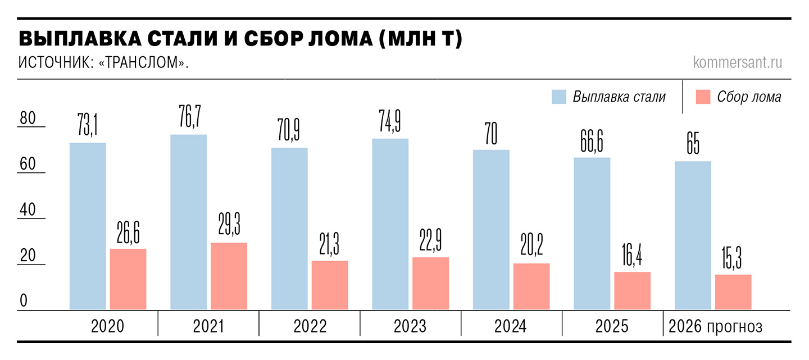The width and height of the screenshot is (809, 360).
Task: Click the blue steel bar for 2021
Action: click(x=189, y=222)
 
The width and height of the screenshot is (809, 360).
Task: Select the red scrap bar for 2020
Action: click(x=128, y=279)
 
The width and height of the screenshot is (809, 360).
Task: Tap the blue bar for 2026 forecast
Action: click(x=693, y=235)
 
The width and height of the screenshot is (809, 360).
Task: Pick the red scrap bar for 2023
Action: click(x=430, y=284)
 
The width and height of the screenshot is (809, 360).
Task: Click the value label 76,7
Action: click(x=190, y=116)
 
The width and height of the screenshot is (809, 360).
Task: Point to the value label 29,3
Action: click(x=229, y=224)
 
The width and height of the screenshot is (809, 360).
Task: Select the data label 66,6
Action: click(x=592, y=141)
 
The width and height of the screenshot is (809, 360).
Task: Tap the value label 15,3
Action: click(x=731, y=258)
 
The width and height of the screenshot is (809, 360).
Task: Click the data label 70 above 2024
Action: click(x=491, y=134)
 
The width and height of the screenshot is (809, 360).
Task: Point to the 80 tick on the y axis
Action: click(x=28, y=118)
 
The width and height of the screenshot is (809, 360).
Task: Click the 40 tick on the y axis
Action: click(x=28, y=209)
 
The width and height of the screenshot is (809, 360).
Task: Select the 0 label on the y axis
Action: click(x=24, y=300)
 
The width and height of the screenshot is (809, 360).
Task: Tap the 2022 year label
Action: click(x=310, y=326)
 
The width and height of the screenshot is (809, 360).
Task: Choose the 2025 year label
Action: click(x=612, y=326)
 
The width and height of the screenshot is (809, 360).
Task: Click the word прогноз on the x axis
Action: click(x=734, y=327)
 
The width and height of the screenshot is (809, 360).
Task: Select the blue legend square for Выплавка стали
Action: click(x=558, y=97)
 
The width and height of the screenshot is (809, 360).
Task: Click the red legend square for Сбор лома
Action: click(x=703, y=97)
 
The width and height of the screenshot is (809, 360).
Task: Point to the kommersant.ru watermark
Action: click(x=738, y=62)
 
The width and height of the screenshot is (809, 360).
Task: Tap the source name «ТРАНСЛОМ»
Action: click(x=143, y=62)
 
